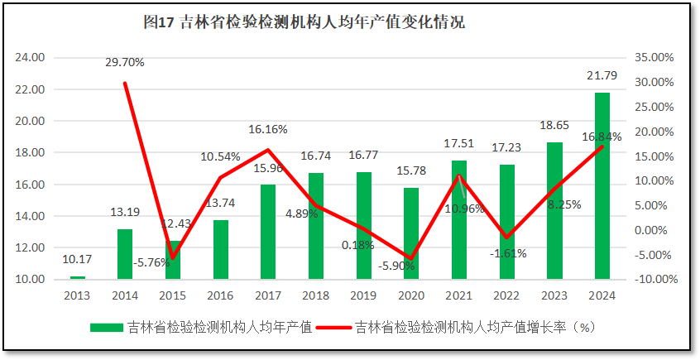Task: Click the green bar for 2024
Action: [602, 185]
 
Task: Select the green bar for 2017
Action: [268, 232]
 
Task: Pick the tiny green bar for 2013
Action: [78, 277]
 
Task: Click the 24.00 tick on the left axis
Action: [31, 58]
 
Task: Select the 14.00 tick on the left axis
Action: [31, 216]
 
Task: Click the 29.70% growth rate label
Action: [125, 62]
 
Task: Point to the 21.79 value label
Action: [602, 76]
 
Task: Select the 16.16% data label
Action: [268, 129]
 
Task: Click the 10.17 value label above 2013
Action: [77, 260]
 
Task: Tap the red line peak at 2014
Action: [125, 83]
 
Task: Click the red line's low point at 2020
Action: [411, 259]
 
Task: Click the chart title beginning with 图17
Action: [304, 23]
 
